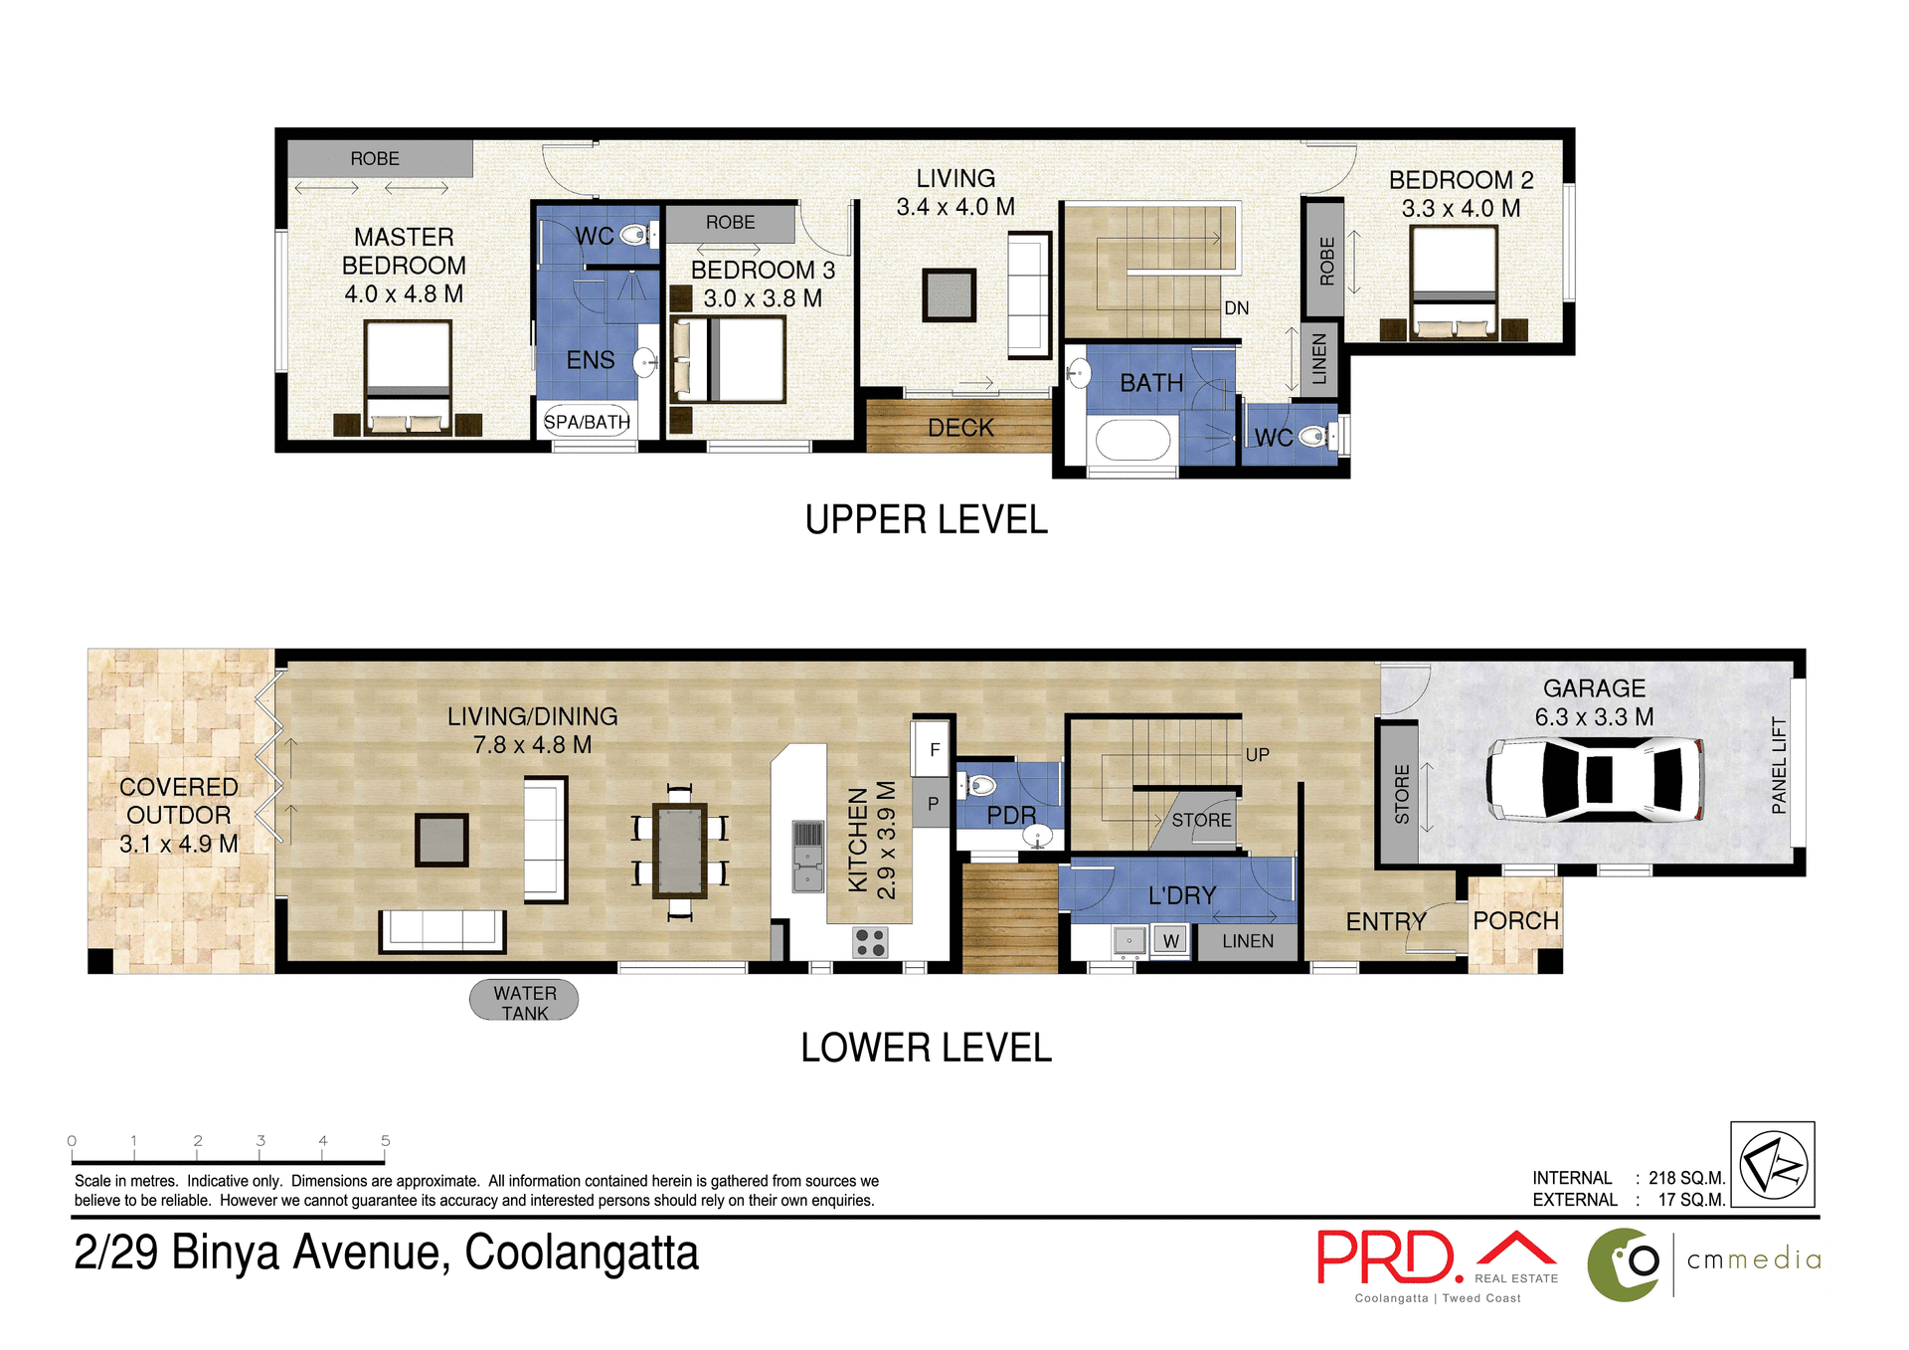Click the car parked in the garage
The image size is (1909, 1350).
pos(1595,779)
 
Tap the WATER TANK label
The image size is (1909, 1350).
pos(524,1002)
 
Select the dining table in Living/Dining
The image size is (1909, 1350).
pos(680,852)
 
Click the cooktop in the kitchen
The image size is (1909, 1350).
pos(870,942)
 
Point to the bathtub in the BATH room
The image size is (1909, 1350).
pos(1132,440)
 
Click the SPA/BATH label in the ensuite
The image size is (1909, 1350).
pos(587,422)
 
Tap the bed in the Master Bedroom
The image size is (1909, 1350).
pos(408,376)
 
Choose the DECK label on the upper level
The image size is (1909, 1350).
pos(960,428)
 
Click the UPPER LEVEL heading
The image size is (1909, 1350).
pos(926,520)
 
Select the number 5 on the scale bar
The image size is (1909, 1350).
pos(386,1141)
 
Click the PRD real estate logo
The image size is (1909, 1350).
pos(1390,1258)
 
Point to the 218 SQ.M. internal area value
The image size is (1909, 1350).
pos(1686,1178)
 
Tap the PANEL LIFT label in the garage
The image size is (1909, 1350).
pos(1779,765)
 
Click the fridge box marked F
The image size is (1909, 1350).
pos(934,750)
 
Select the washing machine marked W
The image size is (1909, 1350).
pos(1170,940)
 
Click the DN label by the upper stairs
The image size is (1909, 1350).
pos(1236,308)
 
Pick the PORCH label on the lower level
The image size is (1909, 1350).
pos(1515,921)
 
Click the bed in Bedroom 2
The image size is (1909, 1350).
pos(1454,283)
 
